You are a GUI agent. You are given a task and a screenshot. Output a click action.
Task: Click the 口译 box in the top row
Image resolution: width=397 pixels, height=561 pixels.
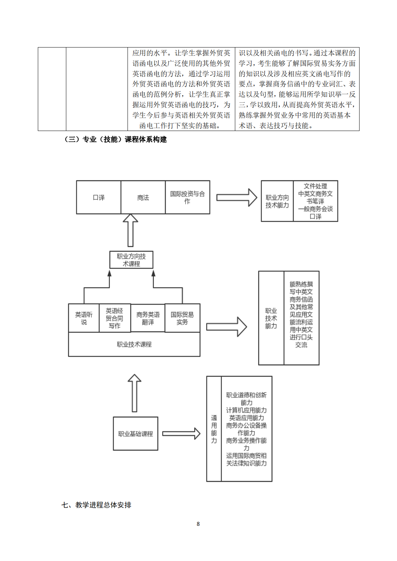pos(98,198)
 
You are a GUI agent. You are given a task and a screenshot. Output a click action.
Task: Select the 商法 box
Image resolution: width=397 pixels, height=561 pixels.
pos(143,198)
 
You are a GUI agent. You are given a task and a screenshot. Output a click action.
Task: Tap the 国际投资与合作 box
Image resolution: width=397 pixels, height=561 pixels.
pos(187,198)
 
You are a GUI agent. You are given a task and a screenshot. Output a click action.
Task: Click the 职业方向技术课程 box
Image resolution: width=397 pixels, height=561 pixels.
pos(131,260)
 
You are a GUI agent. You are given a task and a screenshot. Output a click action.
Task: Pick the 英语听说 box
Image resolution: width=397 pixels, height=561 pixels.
pos(84,318)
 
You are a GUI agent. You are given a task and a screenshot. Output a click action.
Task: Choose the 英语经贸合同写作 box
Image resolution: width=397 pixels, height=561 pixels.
pos(114,318)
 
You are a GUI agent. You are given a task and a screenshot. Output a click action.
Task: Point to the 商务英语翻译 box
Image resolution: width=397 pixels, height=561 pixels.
pos(148,318)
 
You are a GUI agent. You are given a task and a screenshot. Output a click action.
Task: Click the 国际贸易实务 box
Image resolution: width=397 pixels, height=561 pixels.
pos(182,318)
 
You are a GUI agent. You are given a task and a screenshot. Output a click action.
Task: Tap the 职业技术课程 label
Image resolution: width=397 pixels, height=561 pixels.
pos(134,344)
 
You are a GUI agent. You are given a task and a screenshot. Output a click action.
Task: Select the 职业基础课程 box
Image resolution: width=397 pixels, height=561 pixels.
pos(135,434)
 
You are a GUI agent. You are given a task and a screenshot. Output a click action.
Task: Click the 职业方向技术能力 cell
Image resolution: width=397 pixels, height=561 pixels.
pos(277,201)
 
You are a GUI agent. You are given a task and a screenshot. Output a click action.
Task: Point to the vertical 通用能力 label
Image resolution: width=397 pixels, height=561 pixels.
pos(214,429)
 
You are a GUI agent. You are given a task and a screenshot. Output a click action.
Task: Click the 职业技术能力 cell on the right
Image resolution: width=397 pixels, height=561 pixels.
pos(271,318)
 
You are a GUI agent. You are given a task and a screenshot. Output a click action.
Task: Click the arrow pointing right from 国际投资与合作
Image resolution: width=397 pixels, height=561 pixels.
pos(236,198)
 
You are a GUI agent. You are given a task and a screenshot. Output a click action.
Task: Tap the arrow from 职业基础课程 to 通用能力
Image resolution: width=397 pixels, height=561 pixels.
pos(181,434)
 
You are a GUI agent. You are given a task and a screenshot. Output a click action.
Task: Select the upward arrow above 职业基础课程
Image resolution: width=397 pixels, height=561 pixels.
pos(134,393)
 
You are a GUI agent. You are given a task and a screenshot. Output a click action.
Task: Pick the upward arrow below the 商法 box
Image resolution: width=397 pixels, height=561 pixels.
pos(130,230)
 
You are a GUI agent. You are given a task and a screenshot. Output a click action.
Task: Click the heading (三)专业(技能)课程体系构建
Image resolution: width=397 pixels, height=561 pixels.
pos(115,139)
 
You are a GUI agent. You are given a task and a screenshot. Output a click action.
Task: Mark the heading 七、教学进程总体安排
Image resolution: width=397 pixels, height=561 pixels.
pos(96,505)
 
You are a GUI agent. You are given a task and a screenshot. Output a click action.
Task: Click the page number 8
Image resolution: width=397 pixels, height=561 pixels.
pos(198,524)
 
